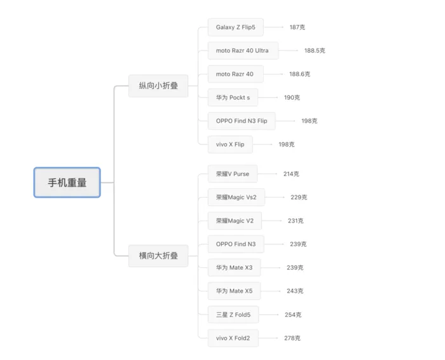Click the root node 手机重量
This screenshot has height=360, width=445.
pyautogui.click(x=67, y=183)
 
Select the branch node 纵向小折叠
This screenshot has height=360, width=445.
pyautogui.click(x=158, y=86)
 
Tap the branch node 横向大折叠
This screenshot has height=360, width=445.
pyautogui.click(x=158, y=256)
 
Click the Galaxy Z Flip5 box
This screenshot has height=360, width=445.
pyautogui.click(x=235, y=27)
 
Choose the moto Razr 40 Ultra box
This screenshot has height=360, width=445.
pyautogui.click(x=242, y=50)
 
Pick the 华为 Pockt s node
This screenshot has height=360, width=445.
pyautogui.click(x=233, y=97)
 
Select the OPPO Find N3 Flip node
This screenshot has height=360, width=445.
pyautogui.click(x=242, y=121)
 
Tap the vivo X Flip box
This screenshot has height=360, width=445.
pyautogui.click(x=230, y=144)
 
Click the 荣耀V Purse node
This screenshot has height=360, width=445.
pyautogui.click(x=233, y=174)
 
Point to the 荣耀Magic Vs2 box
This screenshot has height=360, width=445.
pyautogui.click(x=236, y=197)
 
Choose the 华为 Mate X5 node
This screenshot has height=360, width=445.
pyautogui.click(x=234, y=291)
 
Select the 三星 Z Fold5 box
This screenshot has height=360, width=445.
pyautogui.click(x=233, y=314)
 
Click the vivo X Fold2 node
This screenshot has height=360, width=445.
pyautogui.click(x=233, y=338)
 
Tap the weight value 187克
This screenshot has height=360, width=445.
pyautogui.click(x=297, y=27)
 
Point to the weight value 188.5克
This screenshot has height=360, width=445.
pyautogui.click(x=315, y=50)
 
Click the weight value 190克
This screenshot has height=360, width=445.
pyautogui.click(x=292, y=97)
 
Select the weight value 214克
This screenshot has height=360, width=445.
pyautogui.click(x=291, y=174)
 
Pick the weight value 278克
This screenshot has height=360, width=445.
pyautogui.click(x=292, y=338)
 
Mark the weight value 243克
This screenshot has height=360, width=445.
pyautogui.click(x=295, y=291)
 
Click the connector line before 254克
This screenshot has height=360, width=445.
pyautogui.click(x=268, y=314)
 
